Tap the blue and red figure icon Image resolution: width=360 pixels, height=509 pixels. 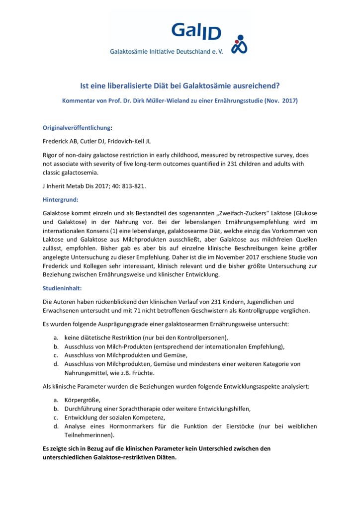(240, 44)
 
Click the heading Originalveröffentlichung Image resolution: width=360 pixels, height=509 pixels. (76, 128)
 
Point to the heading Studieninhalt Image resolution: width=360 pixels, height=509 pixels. (62, 288)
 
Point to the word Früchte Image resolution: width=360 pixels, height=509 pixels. (142, 373)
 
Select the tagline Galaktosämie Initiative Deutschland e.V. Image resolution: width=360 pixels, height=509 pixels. (167, 51)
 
